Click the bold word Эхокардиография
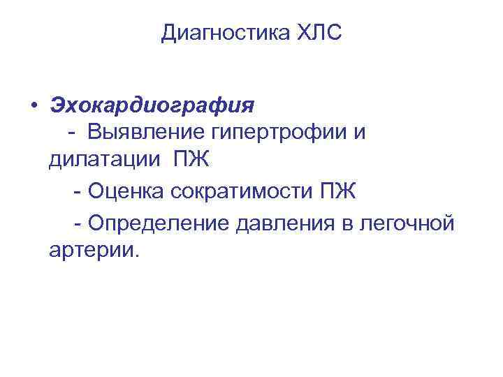point(152,106)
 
